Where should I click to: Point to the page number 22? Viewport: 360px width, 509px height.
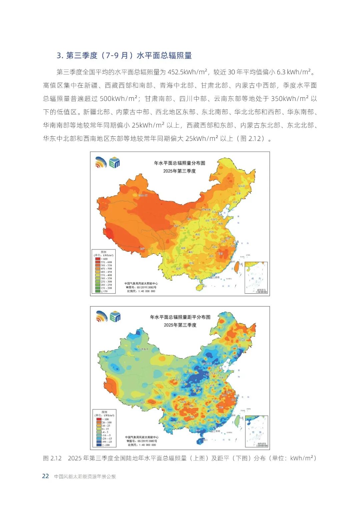(x=45, y=476)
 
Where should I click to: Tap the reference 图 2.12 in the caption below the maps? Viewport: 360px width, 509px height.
(x=52, y=458)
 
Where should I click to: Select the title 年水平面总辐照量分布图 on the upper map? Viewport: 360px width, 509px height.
(x=179, y=163)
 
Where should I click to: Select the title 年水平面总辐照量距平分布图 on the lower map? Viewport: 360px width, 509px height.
(x=180, y=317)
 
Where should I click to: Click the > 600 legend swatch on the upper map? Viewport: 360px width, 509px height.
(x=98, y=259)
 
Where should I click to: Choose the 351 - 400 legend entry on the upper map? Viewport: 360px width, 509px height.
(x=106, y=275)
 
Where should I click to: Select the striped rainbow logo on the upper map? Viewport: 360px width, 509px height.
(x=101, y=162)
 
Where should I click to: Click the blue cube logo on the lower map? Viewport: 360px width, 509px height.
(x=115, y=317)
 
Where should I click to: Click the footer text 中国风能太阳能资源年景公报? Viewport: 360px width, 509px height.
(x=85, y=476)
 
